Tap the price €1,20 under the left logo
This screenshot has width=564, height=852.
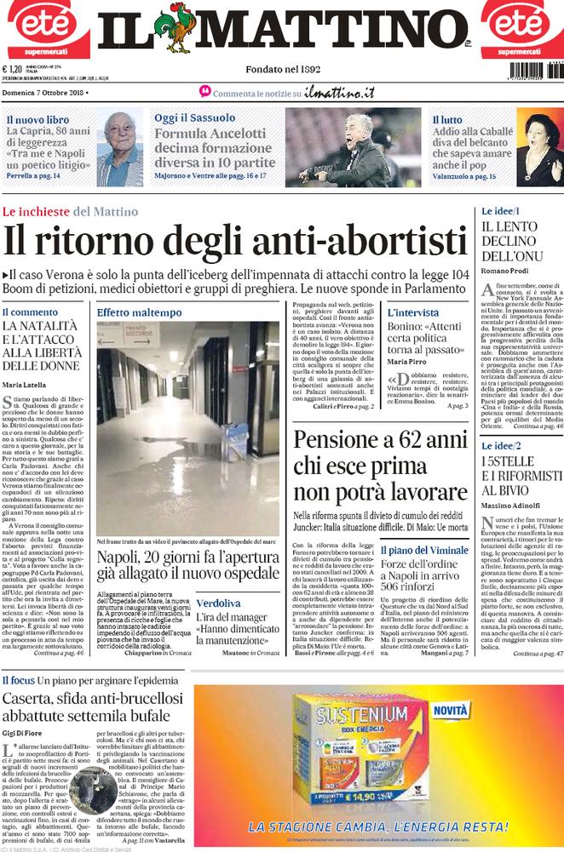12,70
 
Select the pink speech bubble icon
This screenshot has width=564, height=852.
204,91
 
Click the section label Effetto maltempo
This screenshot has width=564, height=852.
139,312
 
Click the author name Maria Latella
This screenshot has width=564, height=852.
25,386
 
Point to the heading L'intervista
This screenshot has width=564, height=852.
413,312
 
